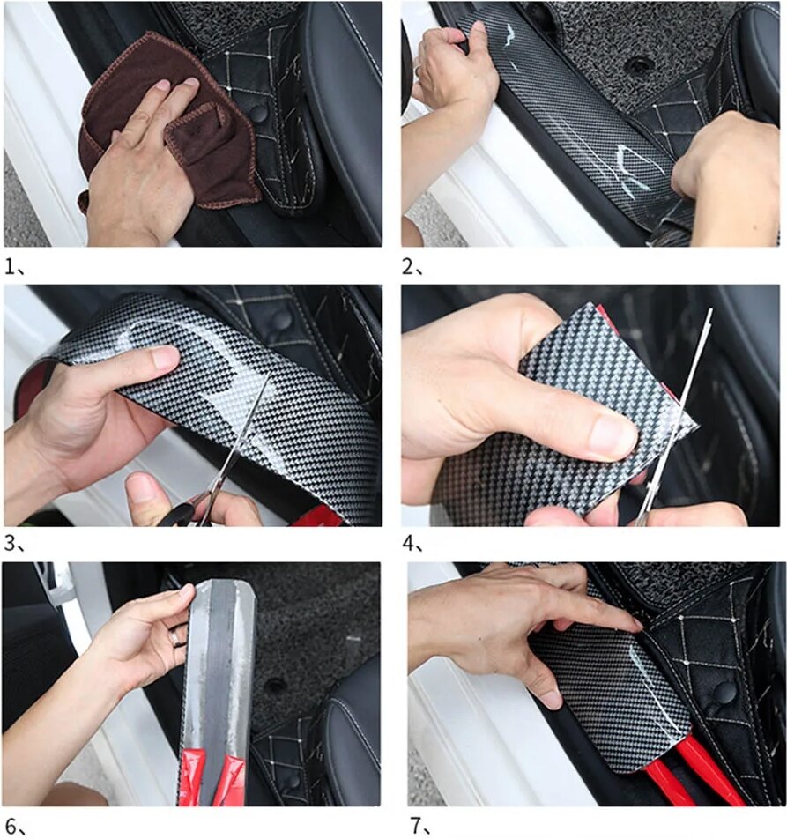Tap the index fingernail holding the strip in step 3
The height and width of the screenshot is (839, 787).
(x=166, y=357)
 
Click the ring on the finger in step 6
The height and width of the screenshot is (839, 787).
(x=176, y=636)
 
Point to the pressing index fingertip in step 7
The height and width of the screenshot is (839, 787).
(x=635, y=623)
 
